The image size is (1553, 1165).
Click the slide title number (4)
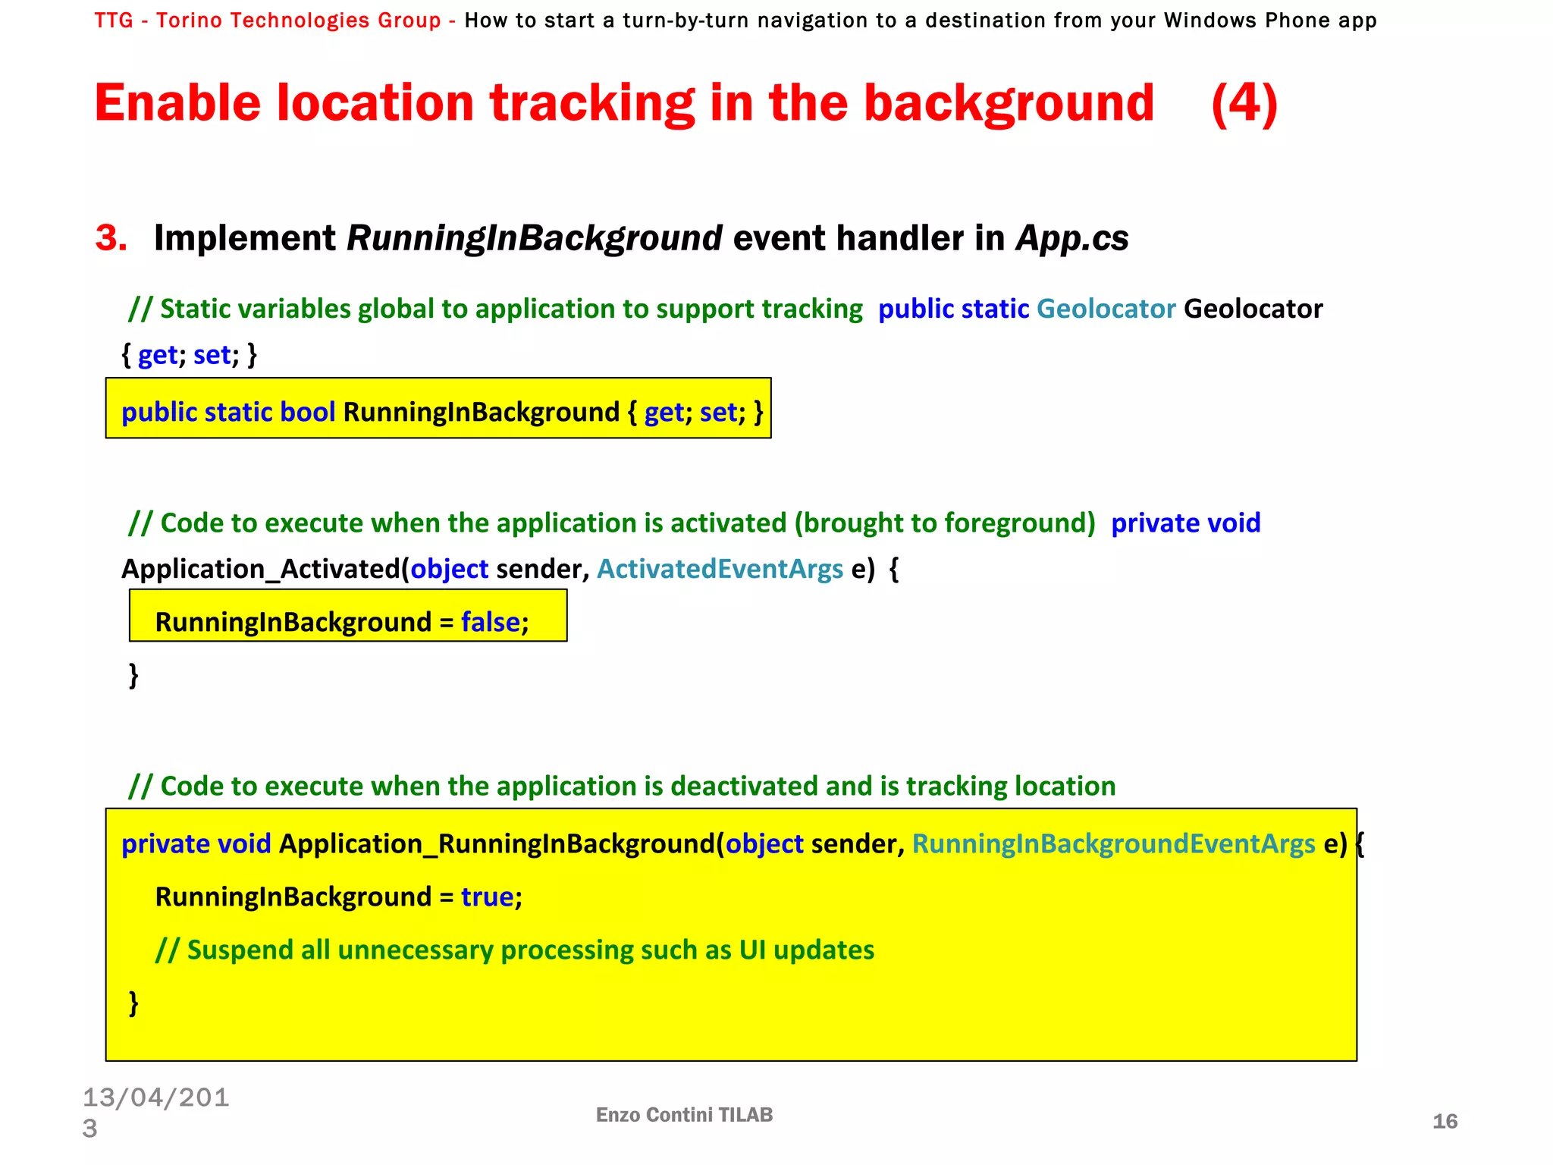1244,104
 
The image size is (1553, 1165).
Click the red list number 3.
111,238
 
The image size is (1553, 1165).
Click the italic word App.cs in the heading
1072,238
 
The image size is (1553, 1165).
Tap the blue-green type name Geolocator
1106,309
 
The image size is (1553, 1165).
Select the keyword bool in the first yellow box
307,412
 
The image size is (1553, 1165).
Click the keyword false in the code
491,622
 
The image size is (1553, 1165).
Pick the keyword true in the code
488,897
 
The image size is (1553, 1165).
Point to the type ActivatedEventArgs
720,569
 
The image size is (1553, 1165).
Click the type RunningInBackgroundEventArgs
1113,843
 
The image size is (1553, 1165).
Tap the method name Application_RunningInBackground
497,843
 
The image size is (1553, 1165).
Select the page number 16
1445,1121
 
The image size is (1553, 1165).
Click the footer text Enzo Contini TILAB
684,1114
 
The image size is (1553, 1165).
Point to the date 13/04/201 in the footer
155,1097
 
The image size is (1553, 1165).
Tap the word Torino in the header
189,20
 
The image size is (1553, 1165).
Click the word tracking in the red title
591,104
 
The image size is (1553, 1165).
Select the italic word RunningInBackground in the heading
534,238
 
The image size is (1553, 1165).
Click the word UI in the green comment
752,950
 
